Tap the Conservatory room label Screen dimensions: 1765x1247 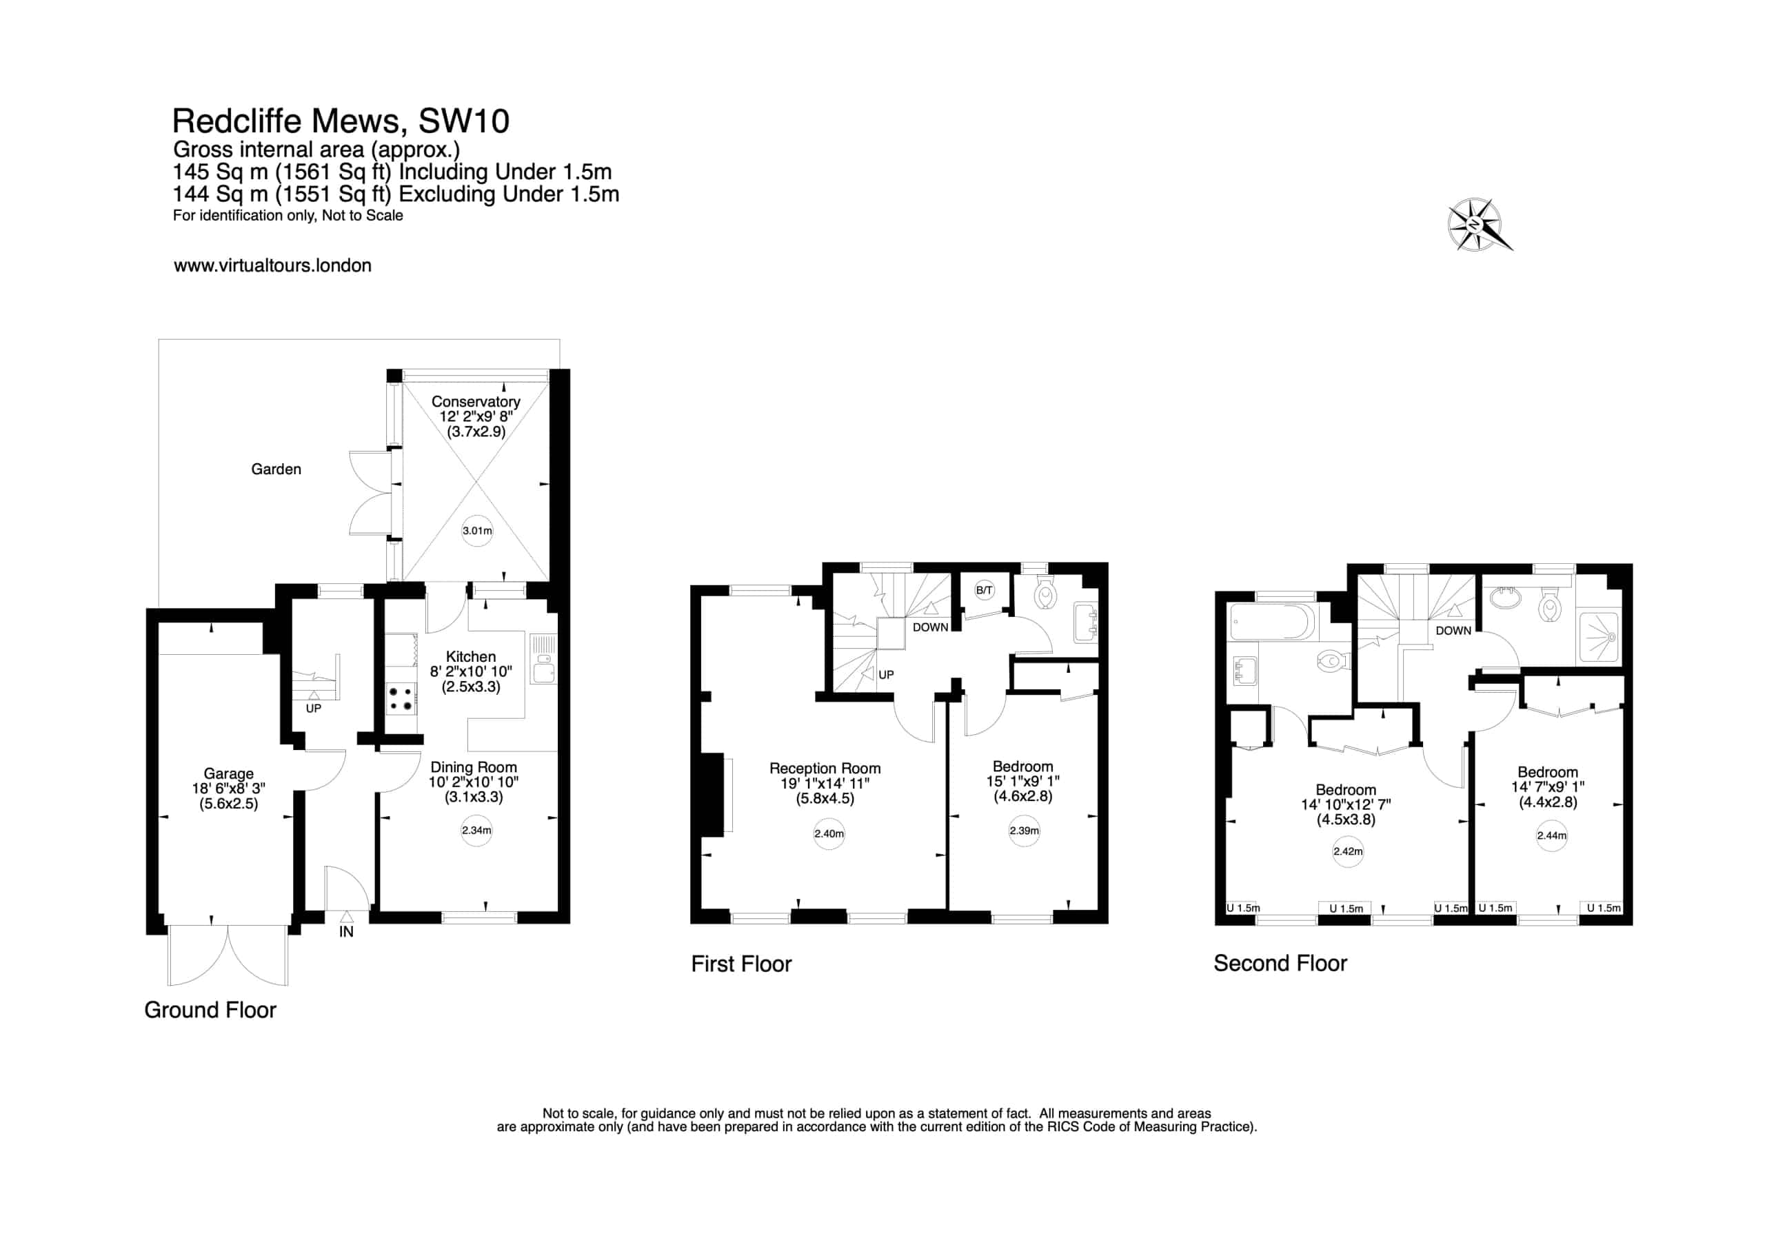tap(476, 401)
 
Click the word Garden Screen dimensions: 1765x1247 tap(276, 469)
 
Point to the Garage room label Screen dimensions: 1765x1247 tap(228, 773)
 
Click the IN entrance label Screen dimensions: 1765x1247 tap(347, 932)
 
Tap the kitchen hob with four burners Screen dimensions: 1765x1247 tap(401, 698)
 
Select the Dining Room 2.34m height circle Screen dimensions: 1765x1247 tap(476, 831)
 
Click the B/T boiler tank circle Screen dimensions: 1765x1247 tap(984, 591)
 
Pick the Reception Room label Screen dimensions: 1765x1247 tap(825, 768)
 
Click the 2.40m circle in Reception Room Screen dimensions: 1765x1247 tap(829, 833)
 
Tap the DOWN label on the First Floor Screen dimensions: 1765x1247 tap(930, 627)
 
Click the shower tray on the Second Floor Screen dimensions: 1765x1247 tap(1598, 636)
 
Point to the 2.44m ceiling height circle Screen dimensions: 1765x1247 tap(1551, 835)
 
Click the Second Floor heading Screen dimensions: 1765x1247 tap(1280, 963)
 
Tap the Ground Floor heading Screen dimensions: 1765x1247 tap(210, 1009)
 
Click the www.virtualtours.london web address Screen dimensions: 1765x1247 tap(272, 265)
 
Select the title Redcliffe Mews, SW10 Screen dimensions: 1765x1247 tap(341, 121)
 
